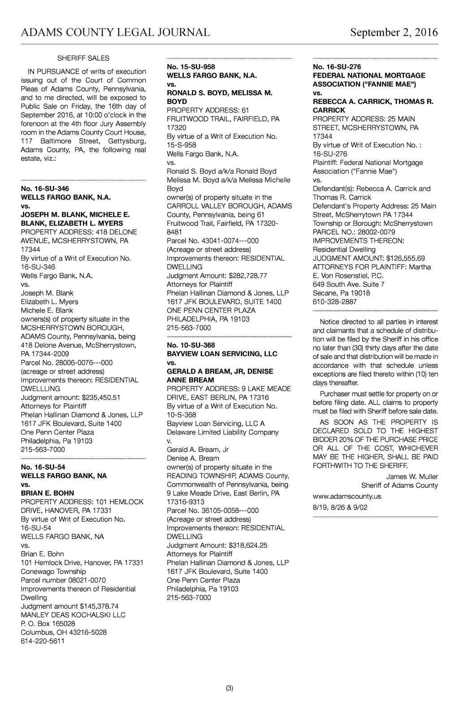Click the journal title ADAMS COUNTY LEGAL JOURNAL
[x=115, y=32]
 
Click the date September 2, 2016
[x=394, y=32]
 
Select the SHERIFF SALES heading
[x=83, y=58]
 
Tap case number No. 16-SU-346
[x=45, y=188]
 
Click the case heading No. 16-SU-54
[x=43, y=467]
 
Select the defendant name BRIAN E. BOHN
[x=48, y=493]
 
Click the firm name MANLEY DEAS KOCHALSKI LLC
[x=73, y=615]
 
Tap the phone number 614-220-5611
[x=43, y=641]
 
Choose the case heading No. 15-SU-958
[x=191, y=67]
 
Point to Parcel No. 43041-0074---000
[x=212, y=241]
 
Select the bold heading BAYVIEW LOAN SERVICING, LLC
[x=222, y=354]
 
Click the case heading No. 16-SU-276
[x=337, y=67]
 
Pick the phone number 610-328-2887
[x=335, y=302]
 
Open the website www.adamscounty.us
[x=347, y=497]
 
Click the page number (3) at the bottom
[x=229, y=688]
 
